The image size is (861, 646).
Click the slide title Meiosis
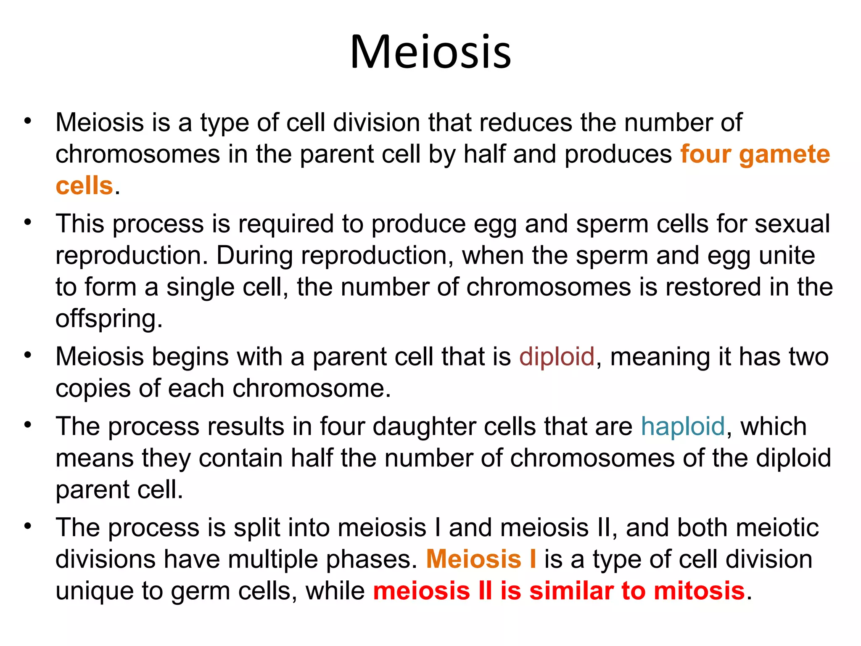tap(430, 52)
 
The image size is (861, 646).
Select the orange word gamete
tap(784, 155)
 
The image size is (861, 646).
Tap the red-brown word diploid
tap(557, 357)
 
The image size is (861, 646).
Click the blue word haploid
tap(683, 426)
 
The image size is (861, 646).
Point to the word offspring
tap(109, 319)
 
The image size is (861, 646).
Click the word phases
tap(372, 559)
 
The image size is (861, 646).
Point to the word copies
tap(93, 389)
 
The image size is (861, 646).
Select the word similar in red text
tap(571, 590)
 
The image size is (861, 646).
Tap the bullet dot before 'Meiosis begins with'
tap(28, 355)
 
